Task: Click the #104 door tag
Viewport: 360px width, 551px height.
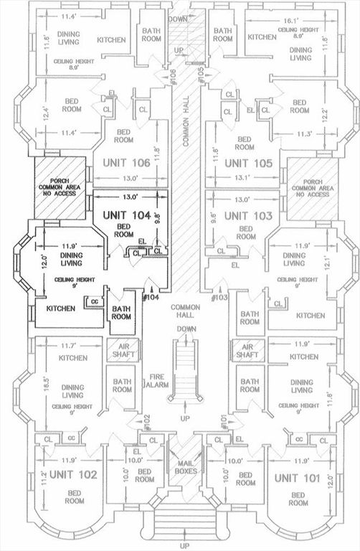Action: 151,297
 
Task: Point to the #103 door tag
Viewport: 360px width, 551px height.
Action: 219,297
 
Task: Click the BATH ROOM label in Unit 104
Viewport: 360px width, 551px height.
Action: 120,313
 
